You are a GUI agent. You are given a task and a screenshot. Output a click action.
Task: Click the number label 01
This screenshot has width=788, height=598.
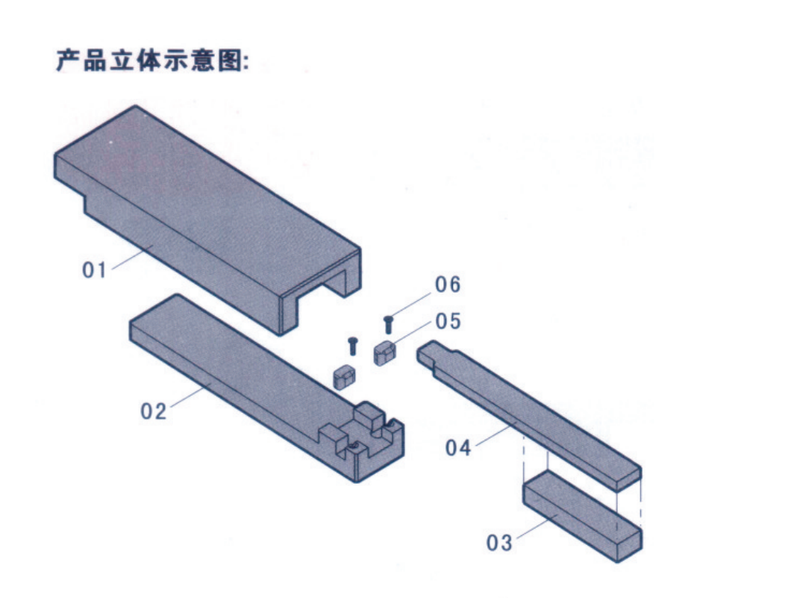point(95,270)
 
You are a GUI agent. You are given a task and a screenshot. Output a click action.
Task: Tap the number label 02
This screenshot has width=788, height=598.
point(154,411)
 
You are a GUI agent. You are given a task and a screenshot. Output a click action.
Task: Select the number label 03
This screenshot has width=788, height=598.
point(499,543)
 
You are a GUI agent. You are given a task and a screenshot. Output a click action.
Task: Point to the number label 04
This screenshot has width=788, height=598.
point(458,448)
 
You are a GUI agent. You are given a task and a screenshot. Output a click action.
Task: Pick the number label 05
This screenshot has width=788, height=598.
point(448,321)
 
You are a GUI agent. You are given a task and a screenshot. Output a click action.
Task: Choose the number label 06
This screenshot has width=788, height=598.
point(448,284)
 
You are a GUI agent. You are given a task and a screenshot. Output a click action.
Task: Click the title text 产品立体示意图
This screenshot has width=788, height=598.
point(152,60)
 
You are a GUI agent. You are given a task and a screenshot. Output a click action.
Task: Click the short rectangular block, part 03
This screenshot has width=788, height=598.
point(582,519)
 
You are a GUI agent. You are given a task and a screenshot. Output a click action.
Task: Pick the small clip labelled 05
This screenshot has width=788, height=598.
point(384,352)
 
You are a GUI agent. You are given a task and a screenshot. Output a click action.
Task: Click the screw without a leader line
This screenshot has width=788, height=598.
point(353,346)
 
